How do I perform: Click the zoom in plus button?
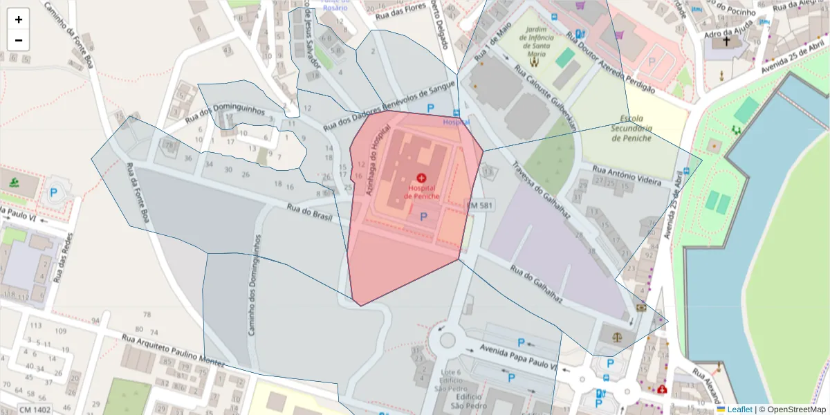[x=19, y=19]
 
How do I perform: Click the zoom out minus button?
[x=19, y=40]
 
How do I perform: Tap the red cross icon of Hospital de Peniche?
[x=421, y=178]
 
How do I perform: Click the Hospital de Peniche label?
[x=421, y=192]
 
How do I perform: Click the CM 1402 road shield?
[x=34, y=409]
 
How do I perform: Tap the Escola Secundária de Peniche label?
[x=631, y=132]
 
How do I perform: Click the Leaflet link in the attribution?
[x=739, y=409]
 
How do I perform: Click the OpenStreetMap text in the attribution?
[x=792, y=409]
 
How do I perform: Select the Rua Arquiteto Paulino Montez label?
[x=173, y=351]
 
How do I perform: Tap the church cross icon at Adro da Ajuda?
[x=726, y=41]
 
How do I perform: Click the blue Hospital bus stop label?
[x=456, y=122]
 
